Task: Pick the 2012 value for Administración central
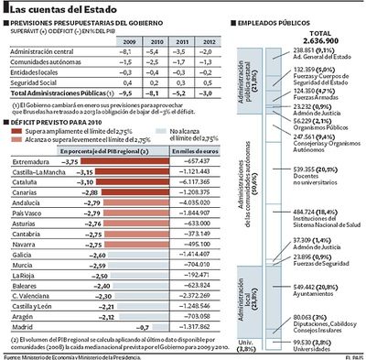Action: pos(210,52)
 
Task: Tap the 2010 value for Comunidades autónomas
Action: pos(156,62)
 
